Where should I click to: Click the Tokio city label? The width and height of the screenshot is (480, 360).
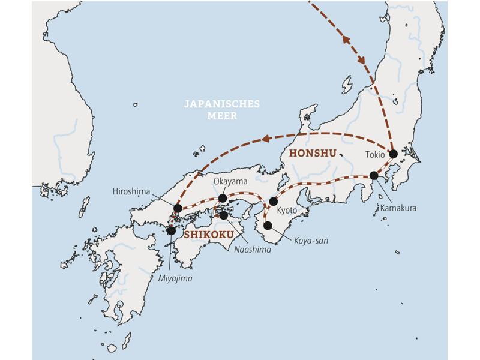pyautogui.click(x=376, y=154)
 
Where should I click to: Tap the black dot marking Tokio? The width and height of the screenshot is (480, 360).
pyautogui.click(x=394, y=154)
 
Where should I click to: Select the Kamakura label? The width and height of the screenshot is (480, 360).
pyautogui.click(x=397, y=208)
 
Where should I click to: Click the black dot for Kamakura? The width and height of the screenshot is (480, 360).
pyautogui.click(x=374, y=175)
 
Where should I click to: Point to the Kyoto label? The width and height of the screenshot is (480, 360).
pyautogui.click(x=288, y=211)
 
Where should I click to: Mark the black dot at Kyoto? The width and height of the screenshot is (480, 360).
pyautogui.click(x=274, y=201)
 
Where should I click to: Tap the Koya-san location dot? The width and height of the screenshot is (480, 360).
pyautogui.click(x=268, y=226)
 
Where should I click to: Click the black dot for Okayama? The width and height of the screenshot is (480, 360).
pyautogui.click(x=223, y=198)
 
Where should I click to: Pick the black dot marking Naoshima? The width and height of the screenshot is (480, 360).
pyautogui.click(x=224, y=215)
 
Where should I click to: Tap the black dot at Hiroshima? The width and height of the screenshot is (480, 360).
pyautogui.click(x=177, y=208)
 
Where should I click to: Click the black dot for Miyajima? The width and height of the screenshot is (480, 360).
pyautogui.click(x=172, y=230)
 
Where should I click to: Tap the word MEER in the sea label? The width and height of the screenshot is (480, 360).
pyautogui.click(x=223, y=116)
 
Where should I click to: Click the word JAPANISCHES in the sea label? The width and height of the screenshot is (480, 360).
pyautogui.click(x=223, y=104)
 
